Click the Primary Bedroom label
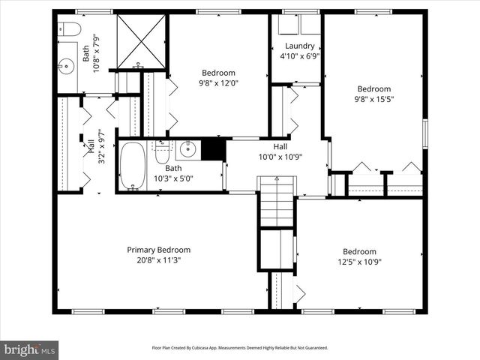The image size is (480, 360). coord(158,250)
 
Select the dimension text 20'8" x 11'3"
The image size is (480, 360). coord(158,260)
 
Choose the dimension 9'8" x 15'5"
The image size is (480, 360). coord(373,98)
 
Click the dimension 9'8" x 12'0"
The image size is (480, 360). coord(217,82)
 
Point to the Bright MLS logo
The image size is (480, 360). coord(30,349)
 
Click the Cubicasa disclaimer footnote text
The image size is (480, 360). coord(240,348)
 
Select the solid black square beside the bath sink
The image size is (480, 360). coord(214,149)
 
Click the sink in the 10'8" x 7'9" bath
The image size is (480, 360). coord(66,65)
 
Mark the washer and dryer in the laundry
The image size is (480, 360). coord(288,25)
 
